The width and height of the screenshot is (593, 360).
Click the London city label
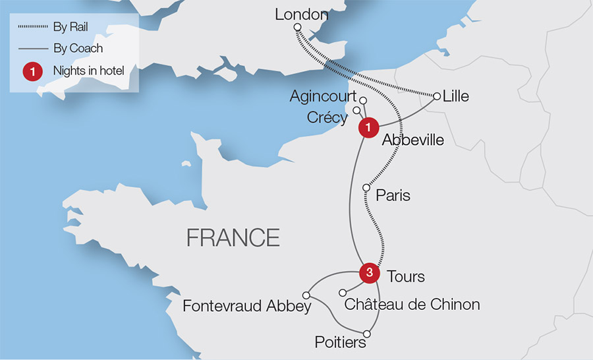[x=301, y=14]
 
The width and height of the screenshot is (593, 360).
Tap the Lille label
[x=456, y=96]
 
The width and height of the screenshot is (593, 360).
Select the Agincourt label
[x=323, y=97]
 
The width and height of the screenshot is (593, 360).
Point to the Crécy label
[x=327, y=117]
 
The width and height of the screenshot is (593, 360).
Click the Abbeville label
[x=412, y=140]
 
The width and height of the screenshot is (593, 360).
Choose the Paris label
[x=393, y=196]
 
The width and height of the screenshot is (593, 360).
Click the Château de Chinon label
[x=412, y=304]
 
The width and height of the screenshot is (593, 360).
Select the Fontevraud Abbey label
[x=246, y=306]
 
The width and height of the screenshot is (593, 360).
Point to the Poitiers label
[x=340, y=343]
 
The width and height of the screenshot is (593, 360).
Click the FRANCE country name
[x=233, y=237]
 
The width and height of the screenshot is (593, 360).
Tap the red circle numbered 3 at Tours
[x=370, y=272]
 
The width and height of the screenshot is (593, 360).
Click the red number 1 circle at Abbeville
[x=368, y=127]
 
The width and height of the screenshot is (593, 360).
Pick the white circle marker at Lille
[x=436, y=96]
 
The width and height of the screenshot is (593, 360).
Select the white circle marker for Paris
[x=367, y=188]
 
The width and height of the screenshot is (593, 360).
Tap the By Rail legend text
[x=71, y=27]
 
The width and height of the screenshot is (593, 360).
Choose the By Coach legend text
[x=78, y=48]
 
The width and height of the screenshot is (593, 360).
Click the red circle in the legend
[x=32, y=71]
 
